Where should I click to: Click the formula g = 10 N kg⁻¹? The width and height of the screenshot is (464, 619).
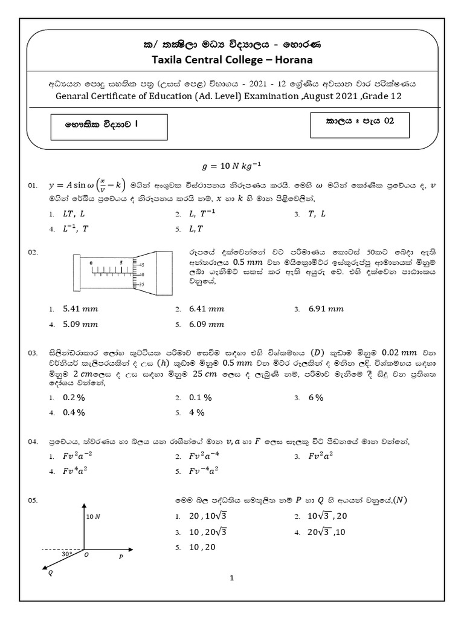(x=232, y=166)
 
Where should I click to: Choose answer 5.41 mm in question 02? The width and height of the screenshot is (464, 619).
(x=80, y=309)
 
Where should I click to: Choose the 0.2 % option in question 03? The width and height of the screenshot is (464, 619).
(x=74, y=398)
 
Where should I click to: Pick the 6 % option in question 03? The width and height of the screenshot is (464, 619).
(x=316, y=398)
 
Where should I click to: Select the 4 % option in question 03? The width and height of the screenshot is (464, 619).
(x=197, y=412)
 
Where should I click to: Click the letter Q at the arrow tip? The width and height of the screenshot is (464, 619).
(x=50, y=574)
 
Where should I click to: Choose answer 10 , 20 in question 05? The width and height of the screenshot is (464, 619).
(x=203, y=547)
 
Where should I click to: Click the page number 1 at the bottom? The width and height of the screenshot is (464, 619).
(x=231, y=578)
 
